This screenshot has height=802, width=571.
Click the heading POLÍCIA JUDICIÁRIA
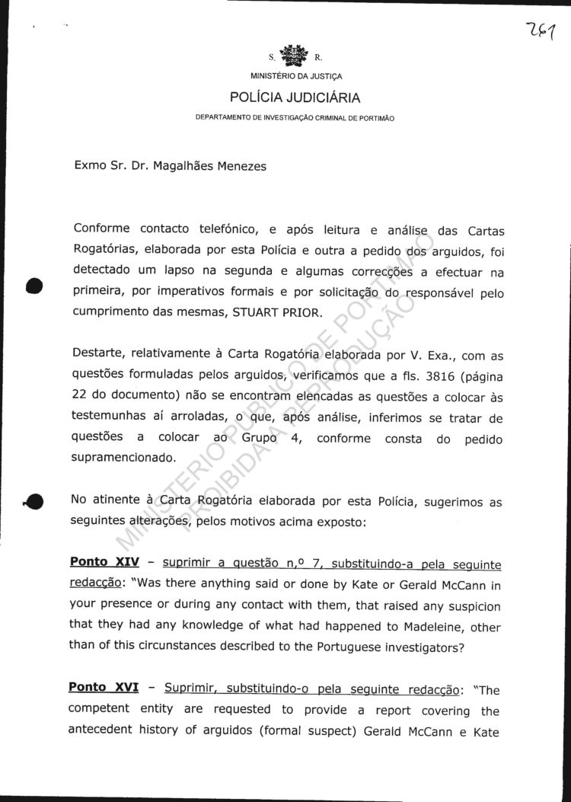coord(295,97)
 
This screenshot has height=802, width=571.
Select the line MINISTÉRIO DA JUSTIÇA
coord(296,76)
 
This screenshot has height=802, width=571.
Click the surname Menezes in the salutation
coord(239,166)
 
